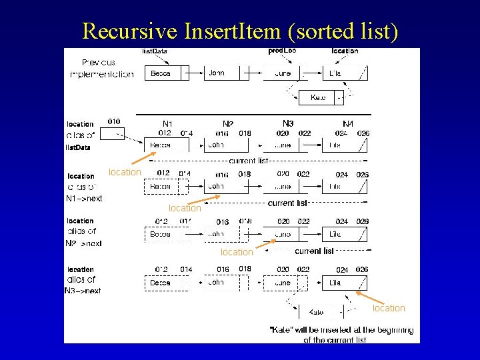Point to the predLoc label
282,51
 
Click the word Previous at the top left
99,63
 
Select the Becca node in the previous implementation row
161,73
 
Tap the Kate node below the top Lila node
318,98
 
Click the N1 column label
168,124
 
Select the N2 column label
228,124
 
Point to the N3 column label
288,124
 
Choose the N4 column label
348,124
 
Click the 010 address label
114,122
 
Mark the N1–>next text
84,199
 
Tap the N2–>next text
83,243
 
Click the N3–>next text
83,291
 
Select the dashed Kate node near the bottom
317,311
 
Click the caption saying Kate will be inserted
341,335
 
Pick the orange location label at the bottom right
389,308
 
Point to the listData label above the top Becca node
155,51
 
